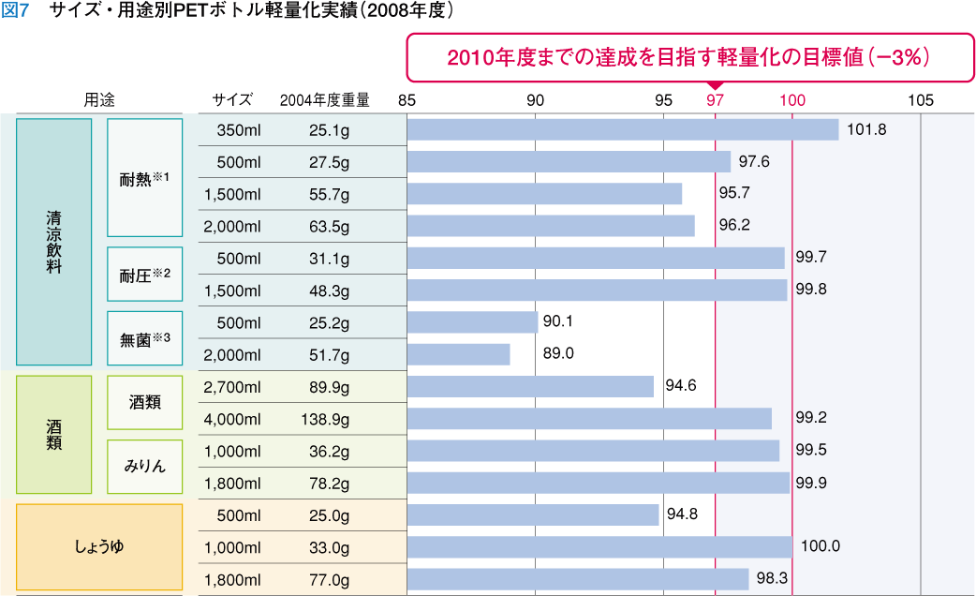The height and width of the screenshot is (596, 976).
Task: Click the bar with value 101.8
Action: click(623, 129)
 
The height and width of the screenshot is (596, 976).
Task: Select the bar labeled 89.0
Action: click(458, 354)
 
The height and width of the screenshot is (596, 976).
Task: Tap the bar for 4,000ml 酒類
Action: click(589, 418)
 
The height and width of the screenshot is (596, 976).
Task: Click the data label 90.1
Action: click(557, 321)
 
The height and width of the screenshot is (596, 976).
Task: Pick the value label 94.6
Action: click(681, 385)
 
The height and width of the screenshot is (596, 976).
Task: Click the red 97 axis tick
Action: click(716, 100)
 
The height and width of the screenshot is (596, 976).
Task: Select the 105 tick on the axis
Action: click(921, 100)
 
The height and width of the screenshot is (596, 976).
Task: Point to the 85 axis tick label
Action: click(407, 100)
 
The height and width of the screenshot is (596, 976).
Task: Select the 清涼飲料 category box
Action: click(53, 242)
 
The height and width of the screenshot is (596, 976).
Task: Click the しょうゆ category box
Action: click(101, 547)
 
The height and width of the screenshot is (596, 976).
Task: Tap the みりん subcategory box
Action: click(144, 465)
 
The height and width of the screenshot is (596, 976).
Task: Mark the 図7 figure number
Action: click(18, 12)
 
